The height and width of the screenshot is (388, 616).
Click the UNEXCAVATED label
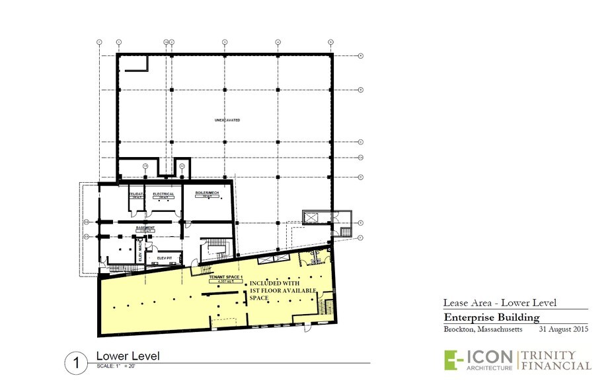coord(227,120)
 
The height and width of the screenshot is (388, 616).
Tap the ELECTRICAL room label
coord(163,194)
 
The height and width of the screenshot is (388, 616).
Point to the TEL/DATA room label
coord(137,194)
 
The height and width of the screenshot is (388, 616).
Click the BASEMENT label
coord(145,228)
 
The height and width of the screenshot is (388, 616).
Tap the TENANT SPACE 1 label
coord(227,276)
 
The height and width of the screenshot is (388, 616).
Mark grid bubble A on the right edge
coord(361,56)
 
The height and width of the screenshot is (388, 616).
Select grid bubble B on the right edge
coord(361,90)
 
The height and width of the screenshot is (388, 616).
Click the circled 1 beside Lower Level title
coord(77,362)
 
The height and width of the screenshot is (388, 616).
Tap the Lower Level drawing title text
coord(128,356)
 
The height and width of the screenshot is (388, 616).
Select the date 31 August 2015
coord(564,329)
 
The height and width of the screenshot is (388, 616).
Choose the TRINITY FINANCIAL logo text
coord(557,360)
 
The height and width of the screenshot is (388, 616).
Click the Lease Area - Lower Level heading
coord(500,303)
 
